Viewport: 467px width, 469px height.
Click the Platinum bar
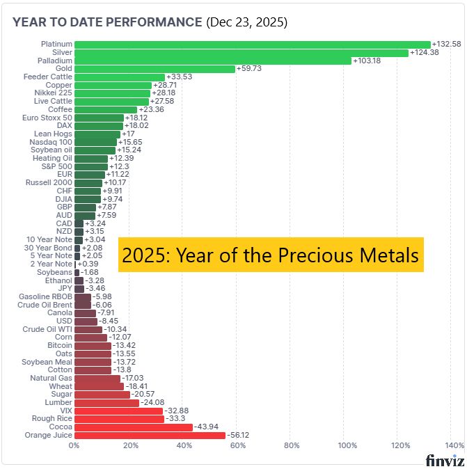(252, 45)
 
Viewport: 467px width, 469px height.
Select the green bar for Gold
(155, 69)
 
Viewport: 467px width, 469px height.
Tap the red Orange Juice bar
(150, 436)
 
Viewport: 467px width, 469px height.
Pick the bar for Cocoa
(134, 427)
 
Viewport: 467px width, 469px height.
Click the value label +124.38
(425, 53)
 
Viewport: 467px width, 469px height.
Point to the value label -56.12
(240, 436)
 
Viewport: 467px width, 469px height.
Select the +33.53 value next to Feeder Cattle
(180, 77)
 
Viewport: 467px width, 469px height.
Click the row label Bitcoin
(59, 346)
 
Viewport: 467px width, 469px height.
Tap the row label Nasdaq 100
(51, 142)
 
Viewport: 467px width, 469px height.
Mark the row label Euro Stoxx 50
(47, 118)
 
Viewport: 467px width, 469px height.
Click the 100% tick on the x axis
(346, 446)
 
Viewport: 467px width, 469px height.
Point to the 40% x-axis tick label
(184, 446)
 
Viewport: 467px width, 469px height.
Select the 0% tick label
(74, 446)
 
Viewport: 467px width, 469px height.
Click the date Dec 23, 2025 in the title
(247, 22)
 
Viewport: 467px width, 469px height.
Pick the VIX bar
(118, 411)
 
